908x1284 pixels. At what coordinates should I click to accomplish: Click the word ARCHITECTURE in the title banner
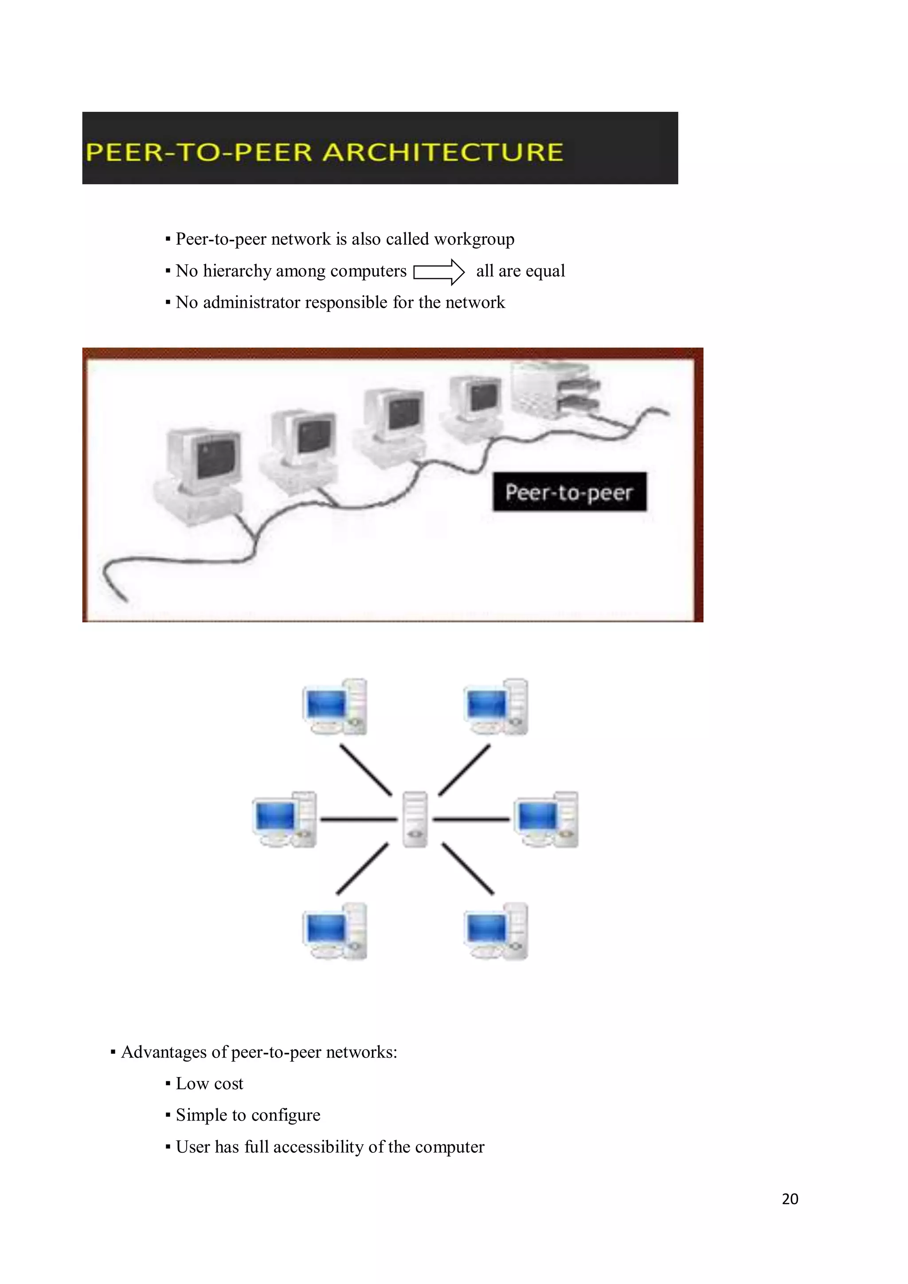click(443, 152)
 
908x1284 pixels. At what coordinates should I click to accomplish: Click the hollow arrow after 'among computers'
click(439, 272)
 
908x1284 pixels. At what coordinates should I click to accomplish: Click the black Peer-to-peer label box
click(569, 492)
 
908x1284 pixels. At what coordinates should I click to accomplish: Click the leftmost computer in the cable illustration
click(201, 473)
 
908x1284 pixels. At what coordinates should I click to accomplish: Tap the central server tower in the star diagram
click(415, 819)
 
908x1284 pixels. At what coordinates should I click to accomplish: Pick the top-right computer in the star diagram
click(496, 707)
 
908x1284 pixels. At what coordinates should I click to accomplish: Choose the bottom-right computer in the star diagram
click(496, 931)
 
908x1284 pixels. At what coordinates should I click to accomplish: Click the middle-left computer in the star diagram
click(285, 819)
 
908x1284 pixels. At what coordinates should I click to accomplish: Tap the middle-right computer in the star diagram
click(546, 819)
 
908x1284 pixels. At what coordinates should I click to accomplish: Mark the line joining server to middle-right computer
click(471, 819)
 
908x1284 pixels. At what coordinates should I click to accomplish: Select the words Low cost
click(209, 1084)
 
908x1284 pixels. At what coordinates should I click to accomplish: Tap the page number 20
click(790, 1199)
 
